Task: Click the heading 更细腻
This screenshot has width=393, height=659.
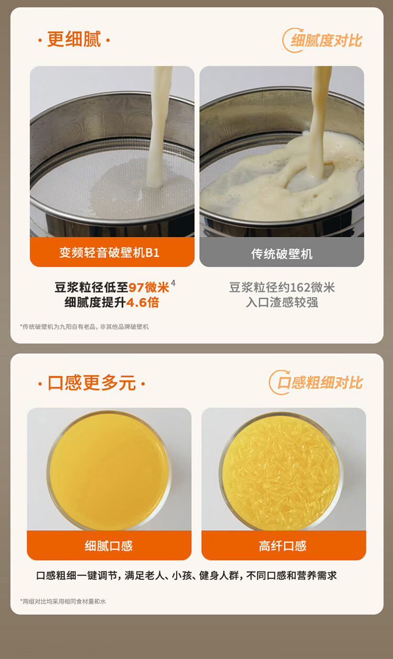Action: [74, 39]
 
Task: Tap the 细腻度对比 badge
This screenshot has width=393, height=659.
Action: [322, 40]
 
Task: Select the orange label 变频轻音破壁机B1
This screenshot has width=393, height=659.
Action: [109, 252]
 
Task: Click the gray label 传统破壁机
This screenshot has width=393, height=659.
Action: [282, 254]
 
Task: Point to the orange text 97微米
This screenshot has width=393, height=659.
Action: [149, 288]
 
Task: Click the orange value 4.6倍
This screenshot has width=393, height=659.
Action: [143, 302]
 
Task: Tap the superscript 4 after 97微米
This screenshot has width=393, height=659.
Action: [173, 283]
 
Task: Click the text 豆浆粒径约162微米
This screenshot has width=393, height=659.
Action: [282, 288]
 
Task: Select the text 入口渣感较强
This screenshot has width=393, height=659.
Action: [282, 302]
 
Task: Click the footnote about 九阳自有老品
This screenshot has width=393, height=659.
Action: [84, 327]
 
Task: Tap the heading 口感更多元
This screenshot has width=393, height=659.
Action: [92, 383]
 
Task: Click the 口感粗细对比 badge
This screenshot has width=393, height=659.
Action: [316, 382]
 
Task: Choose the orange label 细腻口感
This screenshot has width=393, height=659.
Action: [108, 546]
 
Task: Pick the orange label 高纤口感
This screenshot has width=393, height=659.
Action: [282, 546]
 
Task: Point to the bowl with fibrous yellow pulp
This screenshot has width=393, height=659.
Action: [281, 472]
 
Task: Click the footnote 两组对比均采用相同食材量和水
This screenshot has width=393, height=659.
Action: [63, 601]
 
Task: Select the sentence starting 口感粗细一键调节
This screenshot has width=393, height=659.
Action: [187, 576]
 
